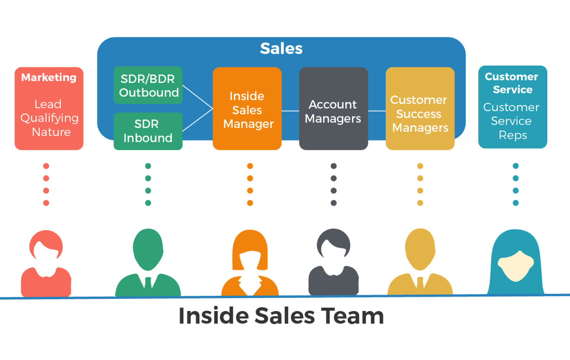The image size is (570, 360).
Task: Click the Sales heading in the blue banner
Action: coord(281,48)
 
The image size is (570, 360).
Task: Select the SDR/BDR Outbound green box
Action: coord(148,85)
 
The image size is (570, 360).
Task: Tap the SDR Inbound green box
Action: coord(148,131)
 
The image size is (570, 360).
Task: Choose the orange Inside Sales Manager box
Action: coord(247,109)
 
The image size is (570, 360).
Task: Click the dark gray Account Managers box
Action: coord(333,109)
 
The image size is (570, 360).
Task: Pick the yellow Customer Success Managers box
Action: coord(420,109)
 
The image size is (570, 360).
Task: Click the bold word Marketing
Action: coord(49,77)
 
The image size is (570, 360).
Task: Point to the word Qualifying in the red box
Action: coord(50,118)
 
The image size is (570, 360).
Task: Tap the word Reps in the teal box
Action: coord(513,135)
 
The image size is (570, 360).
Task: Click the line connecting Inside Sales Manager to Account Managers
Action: coord(290,111)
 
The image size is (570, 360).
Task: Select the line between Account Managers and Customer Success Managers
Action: coord(377,111)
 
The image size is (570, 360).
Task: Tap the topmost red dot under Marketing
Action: coord(46,166)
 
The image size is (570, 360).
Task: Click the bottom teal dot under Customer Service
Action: coord(515,203)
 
